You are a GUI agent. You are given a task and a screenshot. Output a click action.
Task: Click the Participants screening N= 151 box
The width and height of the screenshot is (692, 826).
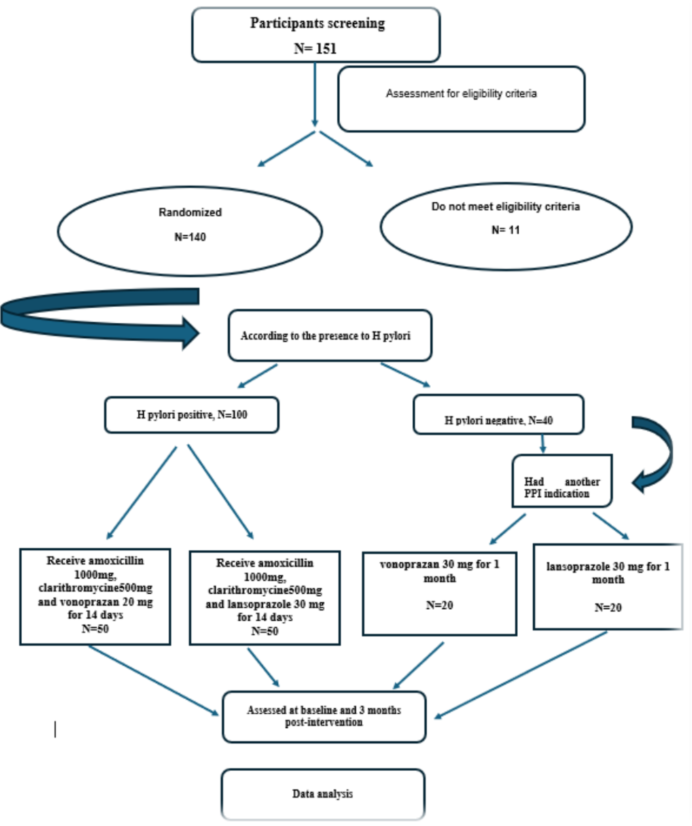(316, 35)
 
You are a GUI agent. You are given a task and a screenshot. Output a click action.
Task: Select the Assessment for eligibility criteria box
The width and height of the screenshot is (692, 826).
(461, 99)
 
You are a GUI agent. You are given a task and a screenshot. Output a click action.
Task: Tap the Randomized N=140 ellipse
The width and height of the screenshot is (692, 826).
(190, 231)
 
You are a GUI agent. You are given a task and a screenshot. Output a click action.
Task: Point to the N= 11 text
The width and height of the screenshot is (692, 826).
(506, 230)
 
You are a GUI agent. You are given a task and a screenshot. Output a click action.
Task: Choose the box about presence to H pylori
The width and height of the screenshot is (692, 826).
(330, 335)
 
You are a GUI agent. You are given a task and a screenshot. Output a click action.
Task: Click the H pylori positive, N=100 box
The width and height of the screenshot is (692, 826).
(192, 415)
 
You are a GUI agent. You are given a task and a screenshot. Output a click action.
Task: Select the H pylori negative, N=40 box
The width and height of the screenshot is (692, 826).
(498, 414)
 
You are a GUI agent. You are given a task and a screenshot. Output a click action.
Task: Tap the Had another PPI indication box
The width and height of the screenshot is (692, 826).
(561, 481)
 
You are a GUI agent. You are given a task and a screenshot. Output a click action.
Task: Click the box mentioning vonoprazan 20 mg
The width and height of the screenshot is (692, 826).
(95, 596)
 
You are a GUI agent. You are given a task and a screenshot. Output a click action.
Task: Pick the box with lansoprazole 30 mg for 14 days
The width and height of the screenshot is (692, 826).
(265, 598)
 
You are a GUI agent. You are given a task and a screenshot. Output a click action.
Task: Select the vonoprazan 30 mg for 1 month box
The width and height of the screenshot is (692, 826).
(439, 593)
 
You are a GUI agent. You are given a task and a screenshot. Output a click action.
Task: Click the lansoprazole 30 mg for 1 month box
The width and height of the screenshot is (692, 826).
(607, 586)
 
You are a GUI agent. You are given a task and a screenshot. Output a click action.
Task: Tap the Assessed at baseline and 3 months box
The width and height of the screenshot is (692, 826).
(324, 717)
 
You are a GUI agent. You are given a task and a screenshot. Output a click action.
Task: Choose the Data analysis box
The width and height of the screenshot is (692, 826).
(323, 794)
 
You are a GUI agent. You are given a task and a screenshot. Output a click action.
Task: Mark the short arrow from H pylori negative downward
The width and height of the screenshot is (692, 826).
(542, 443)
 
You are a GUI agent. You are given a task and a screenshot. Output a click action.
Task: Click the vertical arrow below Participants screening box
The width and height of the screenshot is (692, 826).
(315, 94)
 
